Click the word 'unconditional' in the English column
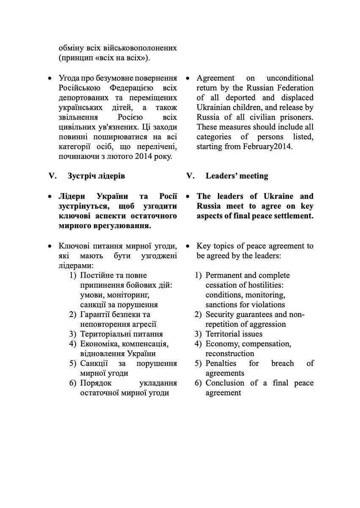coord(290,78)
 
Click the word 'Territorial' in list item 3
coord(223,334)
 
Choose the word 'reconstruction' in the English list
coord(230,353)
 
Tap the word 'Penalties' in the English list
coord(221,363)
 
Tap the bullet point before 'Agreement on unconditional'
coord(188,78)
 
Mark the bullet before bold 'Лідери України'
coord(50,196)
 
